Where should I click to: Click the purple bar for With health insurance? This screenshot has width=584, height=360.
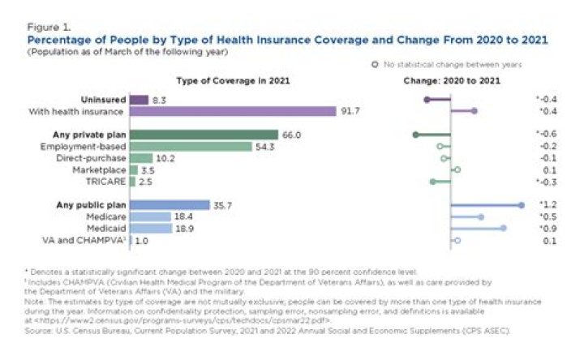232,111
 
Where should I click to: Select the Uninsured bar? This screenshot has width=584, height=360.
139,99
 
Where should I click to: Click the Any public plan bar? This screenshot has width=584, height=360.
169,205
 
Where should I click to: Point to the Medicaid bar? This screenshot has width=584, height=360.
150,229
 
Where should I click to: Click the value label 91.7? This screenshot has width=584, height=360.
350,111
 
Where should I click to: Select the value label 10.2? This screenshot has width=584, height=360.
165,158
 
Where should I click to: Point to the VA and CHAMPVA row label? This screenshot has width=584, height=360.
82,241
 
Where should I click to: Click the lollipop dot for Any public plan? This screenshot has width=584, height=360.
521,205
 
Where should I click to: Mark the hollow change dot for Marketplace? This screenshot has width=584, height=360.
457,170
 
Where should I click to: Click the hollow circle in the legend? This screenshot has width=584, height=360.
375,63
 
